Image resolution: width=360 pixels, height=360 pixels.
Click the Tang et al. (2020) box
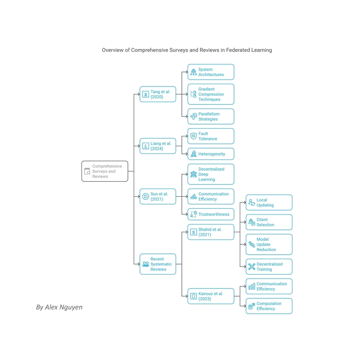158,94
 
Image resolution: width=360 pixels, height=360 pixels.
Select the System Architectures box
211,72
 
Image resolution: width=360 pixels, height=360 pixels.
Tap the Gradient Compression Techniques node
211,94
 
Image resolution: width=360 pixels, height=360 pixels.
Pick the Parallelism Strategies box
211,117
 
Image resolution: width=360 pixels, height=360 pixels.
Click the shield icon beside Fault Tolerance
193,136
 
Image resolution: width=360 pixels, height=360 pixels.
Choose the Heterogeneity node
211,154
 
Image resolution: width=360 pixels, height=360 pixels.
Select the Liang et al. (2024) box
158,146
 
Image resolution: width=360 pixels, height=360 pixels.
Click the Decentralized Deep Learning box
211,174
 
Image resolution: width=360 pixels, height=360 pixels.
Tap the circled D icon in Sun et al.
145,197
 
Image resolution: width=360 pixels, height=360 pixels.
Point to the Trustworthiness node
211,214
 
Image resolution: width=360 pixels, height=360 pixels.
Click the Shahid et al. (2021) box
211,232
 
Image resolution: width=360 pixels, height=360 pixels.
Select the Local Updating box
269,202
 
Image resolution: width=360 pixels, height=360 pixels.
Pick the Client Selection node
269,222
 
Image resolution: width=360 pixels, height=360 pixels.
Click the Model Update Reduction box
269,244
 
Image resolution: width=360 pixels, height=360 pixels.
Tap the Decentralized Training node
269,266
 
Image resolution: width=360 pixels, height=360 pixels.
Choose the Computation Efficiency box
269,306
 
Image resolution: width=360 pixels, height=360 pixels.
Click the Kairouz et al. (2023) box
211,296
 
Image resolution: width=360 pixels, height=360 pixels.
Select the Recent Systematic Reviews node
158,264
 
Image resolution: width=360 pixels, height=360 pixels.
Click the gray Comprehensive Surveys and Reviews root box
105,171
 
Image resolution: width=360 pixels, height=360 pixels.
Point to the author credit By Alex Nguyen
59,307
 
